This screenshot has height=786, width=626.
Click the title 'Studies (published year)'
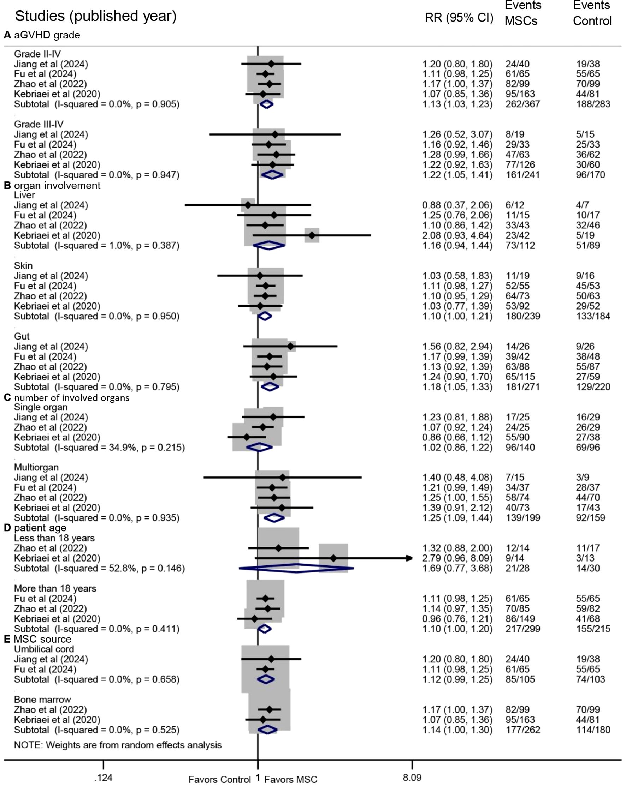coord(96,16)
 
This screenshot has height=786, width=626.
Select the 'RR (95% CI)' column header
coord(459,18)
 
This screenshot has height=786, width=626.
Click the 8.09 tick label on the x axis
coord(412,778)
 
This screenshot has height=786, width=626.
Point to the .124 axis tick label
coord(103,778)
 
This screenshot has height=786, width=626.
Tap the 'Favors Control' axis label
coord(219,779)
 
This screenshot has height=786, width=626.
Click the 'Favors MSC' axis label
coord(291,779)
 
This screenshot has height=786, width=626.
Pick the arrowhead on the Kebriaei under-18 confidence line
coord(409,558)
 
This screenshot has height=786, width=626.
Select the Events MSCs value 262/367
coord(522,104)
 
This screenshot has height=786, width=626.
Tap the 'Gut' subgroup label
coord(22,336)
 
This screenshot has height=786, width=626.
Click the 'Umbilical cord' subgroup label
coord(44,649)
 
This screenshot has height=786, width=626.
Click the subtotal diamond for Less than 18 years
coord(296,568)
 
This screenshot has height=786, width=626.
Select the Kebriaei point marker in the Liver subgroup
coord(312,235)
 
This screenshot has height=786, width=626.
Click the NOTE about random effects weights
coord(118,745)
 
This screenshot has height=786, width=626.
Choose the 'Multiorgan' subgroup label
coord(36,467)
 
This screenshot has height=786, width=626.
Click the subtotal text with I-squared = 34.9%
coord(99,447)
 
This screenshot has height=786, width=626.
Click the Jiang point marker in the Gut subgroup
coord(290,346)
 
